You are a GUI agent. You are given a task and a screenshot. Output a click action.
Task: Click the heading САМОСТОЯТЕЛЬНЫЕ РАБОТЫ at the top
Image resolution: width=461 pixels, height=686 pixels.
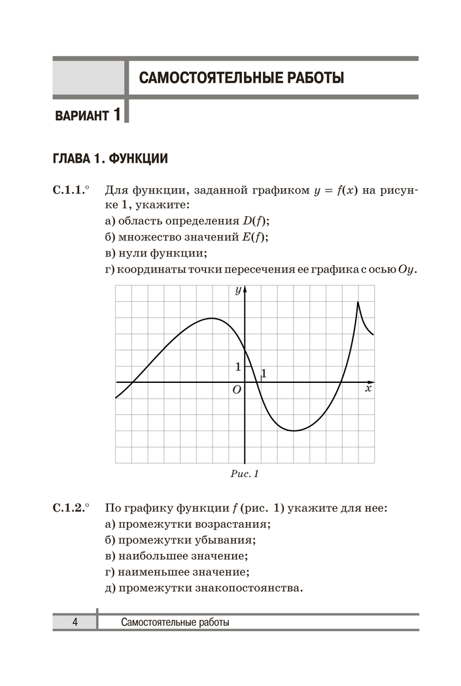pyautogui.click(x=241, y=78)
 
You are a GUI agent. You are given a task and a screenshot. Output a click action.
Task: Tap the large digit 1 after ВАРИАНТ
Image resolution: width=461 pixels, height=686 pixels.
pyautogui.click(x=116, y=115)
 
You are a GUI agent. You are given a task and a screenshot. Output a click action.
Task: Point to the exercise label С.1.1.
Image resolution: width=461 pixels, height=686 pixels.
pyautogui.click(x=69, y=191)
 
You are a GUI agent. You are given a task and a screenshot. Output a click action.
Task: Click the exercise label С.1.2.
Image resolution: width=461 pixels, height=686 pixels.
pyautogui.click(x=69, y=508)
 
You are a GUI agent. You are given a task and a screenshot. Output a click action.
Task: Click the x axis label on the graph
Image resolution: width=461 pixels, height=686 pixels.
pyautogui.click(x=368, y=389)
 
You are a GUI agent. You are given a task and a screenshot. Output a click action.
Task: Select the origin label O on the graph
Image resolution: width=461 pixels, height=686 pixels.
pyautogui.click(x=237, y=389)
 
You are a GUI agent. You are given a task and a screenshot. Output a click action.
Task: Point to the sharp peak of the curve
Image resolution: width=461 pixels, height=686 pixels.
pyautogui.click(x=358, y=302)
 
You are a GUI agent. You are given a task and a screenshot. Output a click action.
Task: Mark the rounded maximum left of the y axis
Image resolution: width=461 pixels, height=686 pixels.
pyautogui.click(x=212, y=318)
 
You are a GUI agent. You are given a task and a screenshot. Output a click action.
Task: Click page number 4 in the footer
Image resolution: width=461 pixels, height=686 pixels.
pyautogui.click(x=75, y=623)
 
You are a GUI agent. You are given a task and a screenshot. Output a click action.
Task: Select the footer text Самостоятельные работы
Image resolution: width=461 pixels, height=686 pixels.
pyautogui.click(x=175, y=623)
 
